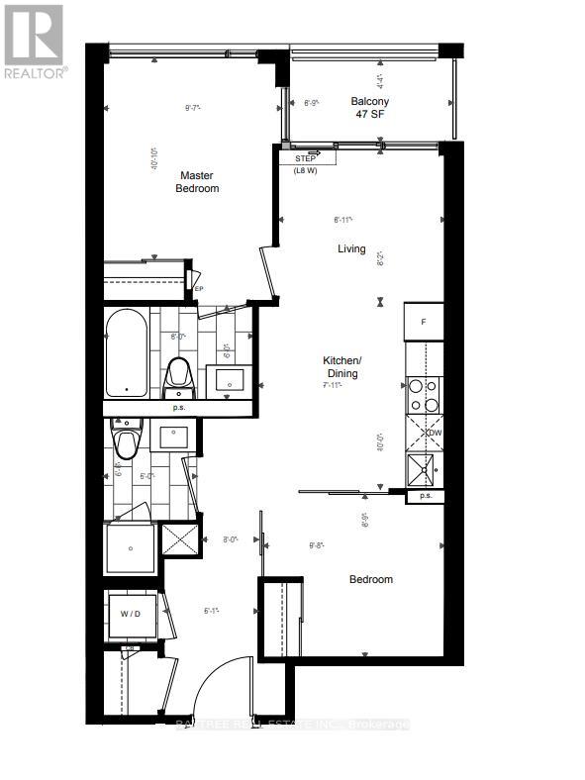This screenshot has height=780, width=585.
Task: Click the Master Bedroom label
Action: [198, 181]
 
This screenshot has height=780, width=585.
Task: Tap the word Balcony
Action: [369, 101]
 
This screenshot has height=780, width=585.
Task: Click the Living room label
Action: [350, 249]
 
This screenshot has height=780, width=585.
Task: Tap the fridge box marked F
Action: [423, 323]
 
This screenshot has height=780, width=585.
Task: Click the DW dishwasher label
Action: [434, 433]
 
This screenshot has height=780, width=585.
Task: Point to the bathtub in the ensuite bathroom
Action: [126, 352]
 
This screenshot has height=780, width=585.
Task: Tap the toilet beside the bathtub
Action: [179, 372]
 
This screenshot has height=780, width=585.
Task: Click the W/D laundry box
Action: [131, 613]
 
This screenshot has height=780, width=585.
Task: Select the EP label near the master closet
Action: [198, 288]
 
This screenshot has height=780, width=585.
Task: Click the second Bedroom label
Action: [371, 580]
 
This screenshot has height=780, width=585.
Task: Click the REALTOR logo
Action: [35, 41]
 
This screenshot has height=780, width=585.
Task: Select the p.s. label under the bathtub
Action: [179, 407]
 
